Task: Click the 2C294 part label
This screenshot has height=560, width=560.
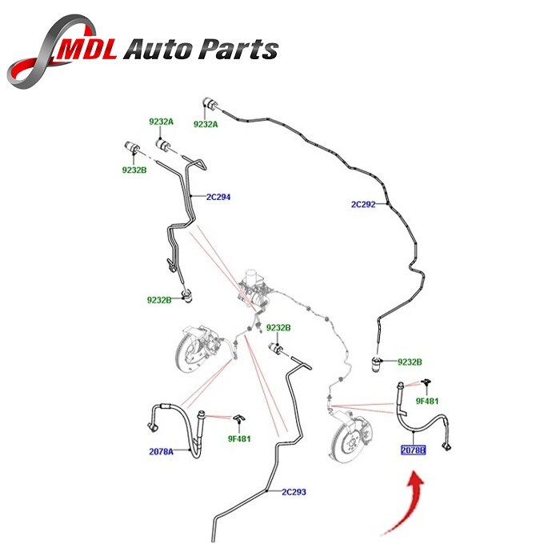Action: [218, 196]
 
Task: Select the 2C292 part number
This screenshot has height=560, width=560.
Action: [362, 204]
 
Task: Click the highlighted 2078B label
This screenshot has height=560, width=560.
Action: [414, 450]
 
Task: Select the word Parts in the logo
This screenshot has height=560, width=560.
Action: [239, 50]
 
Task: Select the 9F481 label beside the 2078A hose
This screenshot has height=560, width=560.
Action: [240, 438]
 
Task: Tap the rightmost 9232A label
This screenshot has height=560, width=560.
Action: [205, 124]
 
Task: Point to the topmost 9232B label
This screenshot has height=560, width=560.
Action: [134, 170]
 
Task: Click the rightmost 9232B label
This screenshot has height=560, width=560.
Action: [410, 362]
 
